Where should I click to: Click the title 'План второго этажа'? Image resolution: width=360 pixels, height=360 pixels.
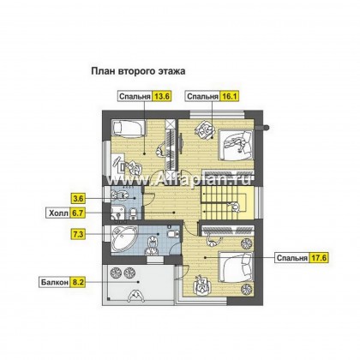click(138, 71)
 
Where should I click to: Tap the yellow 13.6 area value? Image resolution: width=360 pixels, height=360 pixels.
click(162, 96)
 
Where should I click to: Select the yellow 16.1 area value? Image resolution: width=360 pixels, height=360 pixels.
click(229, 96)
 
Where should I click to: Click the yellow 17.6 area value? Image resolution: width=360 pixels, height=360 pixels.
click(318, 258)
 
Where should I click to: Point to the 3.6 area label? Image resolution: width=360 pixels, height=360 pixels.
click(78, 198)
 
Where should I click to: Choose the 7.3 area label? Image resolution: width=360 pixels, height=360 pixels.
click(78, 234)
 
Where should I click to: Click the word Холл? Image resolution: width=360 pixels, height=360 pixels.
click(58, 213)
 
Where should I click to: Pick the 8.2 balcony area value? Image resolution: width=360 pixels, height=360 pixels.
click(78, 282)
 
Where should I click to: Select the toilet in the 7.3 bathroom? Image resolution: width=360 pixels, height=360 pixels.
click(173, 234)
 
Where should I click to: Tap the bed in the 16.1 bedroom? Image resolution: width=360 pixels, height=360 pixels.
click(237, 145)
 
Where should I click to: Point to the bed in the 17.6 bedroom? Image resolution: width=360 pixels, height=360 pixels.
click(236, 267)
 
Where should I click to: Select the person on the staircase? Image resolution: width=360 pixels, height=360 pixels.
click(235, 207)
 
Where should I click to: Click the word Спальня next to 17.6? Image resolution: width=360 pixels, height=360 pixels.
click(292, 258)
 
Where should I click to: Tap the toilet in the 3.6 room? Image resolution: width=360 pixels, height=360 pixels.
click(133, 213)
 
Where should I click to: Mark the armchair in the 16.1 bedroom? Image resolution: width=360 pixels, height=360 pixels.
click(205, 129)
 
